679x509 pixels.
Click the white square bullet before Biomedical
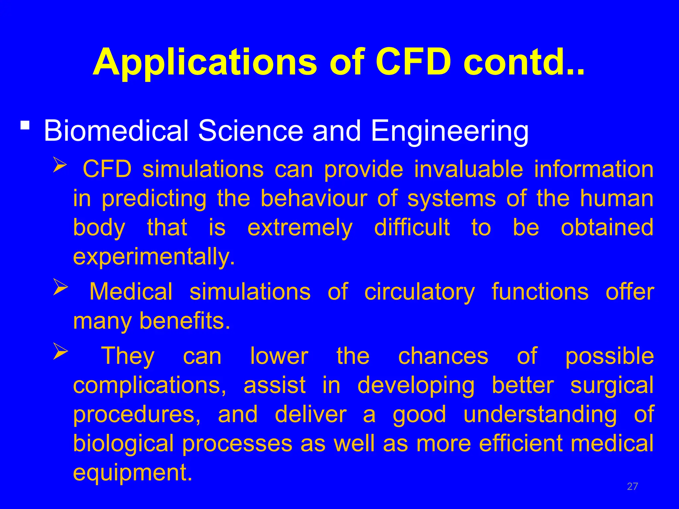pos(25,126)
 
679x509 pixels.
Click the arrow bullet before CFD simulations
pos(60,165)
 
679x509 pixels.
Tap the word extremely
pos(300,228)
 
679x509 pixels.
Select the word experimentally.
pos(154,256)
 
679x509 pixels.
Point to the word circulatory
pos(419,292)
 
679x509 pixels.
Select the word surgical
pos(612,385)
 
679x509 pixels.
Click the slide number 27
pos(632,486)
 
